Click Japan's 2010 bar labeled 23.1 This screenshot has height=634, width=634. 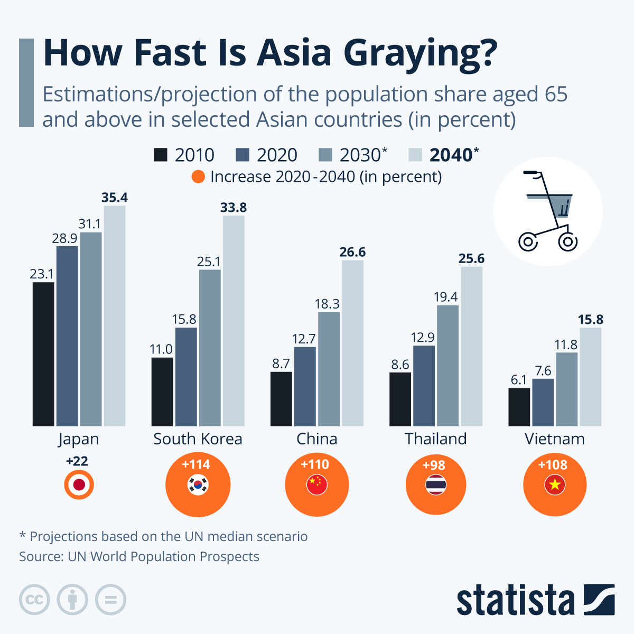pyautogui.click(x=43, y=354)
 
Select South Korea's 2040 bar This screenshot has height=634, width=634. pyautogui.click(x=234, y=321)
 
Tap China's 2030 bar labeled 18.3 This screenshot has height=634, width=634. pyautogui.click(x=329, y=369)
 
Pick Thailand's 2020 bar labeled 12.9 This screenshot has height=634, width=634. pyautogui.click(x=424, y=386)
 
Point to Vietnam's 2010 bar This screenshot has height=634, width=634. pyautogui.click(x=519, y=407)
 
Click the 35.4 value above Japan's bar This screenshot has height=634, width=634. pyautogui.click(x=115, y=198)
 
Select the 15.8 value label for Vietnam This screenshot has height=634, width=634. pyautogui.click(x=590, y=320)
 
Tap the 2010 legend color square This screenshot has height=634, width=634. pyautogui.click(x=160, y=155)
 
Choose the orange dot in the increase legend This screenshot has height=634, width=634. pyautogui.click(x=198, y=176)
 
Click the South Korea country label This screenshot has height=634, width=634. pyautogui.click(x=198, y=439)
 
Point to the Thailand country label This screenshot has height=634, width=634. pyautogui.click(x=436, y=439)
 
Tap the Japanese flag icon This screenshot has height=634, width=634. pyautogui.click(x=79, y=485)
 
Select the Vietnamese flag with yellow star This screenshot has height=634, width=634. pyautogui.click(x=555, y=484)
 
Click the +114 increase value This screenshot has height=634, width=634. pyautogui.click(x=196, y=464)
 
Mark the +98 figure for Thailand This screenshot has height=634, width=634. pyautogui.click(x=434, y=465)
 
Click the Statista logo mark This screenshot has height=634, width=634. pyautogui.click(x=599, y=600)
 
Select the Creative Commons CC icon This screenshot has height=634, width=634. pyautogui.click(x=34, y=600)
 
